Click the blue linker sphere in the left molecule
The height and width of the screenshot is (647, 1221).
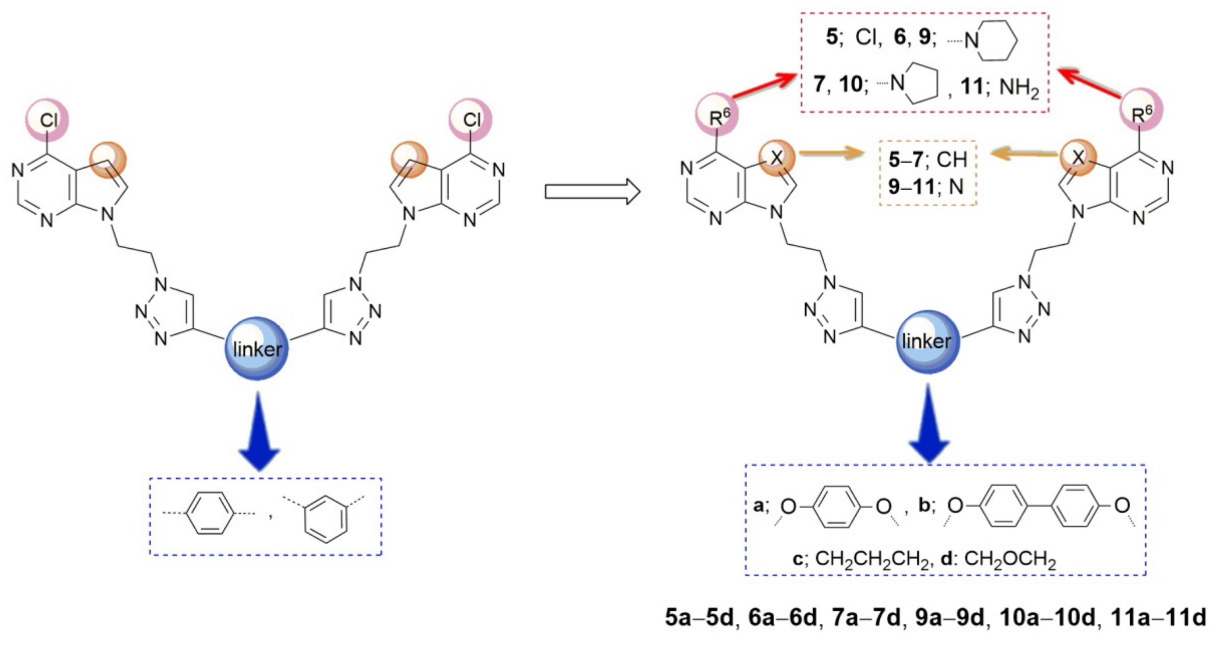click(257, 348)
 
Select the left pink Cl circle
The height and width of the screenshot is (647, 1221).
click(48, 120)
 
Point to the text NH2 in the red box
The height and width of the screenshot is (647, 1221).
click(1019, 88)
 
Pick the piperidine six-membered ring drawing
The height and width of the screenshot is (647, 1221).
click(998, 40)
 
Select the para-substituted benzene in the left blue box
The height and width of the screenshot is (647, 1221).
click(210, 513)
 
